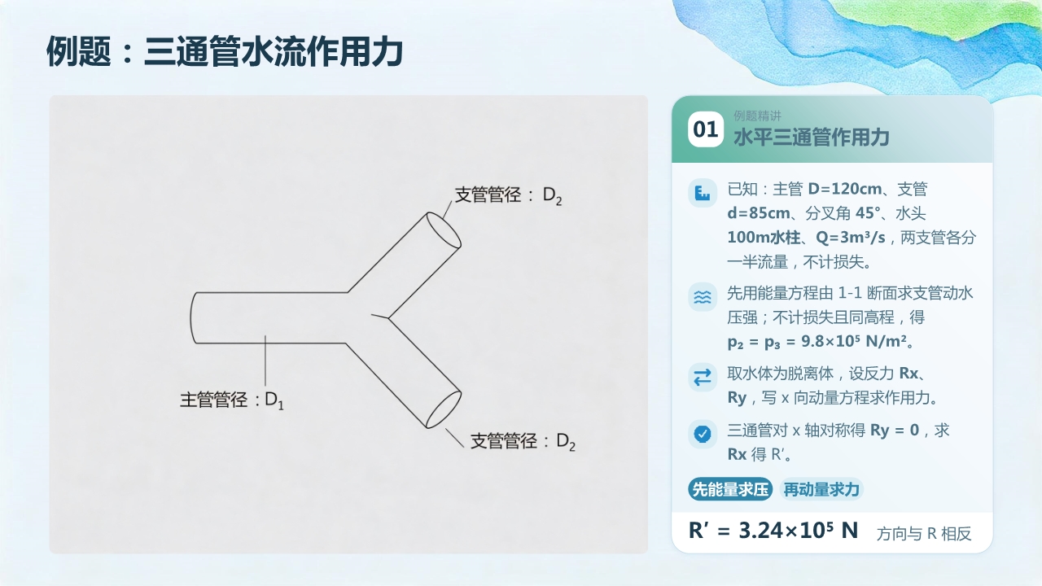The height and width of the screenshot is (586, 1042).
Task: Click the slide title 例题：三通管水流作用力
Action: tap(225, 51)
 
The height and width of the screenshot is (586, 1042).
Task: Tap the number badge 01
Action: tap(706, 129)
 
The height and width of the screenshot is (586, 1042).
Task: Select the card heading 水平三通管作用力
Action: tap(812, 138)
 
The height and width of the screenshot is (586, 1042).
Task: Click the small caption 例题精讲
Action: tap(757, 116)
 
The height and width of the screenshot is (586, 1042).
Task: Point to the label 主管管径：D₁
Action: tap(232, 400)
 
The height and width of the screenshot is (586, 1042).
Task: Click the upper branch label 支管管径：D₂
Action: tap(508, 195)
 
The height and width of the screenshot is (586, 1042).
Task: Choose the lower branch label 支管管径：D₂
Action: tap(523, 441)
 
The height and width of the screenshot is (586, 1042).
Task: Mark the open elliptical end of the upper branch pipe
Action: tap(444, 230)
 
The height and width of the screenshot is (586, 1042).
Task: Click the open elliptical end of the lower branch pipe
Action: tap(444, 409)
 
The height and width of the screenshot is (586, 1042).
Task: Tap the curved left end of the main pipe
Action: tap(190, 317)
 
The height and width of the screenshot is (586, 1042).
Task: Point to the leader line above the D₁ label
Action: tap(265, 361)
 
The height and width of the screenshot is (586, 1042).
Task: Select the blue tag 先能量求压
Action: tap(730, 489)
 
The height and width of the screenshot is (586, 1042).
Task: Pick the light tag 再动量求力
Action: tap(821, 489)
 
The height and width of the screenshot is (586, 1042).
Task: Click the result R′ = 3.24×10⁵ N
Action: tap(773, 530)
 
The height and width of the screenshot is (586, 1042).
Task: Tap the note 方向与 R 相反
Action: tap(924, 533)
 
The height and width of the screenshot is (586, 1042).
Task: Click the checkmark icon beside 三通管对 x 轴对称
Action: tap(703, 434)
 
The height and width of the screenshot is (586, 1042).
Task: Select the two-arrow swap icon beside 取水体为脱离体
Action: tap(703, 377)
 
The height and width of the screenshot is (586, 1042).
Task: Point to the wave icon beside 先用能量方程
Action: tap(703, 297)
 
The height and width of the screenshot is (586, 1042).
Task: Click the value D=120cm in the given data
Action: tap(845, 189)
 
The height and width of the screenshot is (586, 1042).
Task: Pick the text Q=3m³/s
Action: tap(851, 238)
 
